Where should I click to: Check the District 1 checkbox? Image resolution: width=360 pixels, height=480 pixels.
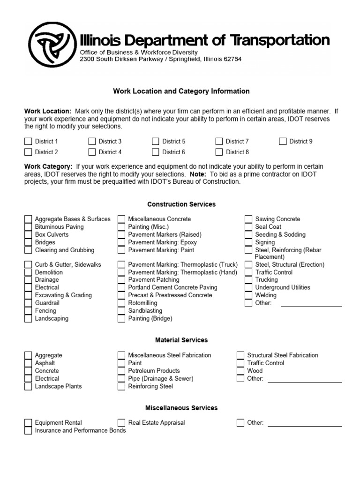coord(28,142)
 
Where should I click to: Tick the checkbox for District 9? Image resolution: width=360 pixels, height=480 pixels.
coord(283,142)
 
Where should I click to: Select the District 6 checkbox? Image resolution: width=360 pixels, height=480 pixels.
coord(156,152)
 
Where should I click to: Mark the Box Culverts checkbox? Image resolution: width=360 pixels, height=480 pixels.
coord(28,235)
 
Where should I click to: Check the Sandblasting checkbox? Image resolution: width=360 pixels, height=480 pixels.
coord(121,311)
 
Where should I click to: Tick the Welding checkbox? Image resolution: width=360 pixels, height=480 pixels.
coord(248,295)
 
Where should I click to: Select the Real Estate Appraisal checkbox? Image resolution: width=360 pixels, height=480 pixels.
coord(121,423)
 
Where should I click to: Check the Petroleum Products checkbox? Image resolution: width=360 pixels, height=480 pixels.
coord(121,371)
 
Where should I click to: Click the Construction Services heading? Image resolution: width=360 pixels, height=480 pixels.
coord(181,204)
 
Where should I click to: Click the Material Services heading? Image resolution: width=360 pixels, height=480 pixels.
coord(181,340)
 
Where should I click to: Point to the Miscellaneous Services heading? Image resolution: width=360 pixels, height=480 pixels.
coord(181,408)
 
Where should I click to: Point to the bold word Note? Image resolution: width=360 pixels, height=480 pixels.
coord(199,174)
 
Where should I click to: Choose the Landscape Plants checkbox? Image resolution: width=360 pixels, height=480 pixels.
coord(28,387)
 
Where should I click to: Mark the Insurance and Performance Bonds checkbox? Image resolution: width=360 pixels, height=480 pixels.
coord(28,430)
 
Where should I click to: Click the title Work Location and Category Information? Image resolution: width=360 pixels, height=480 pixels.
coord(181,91)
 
